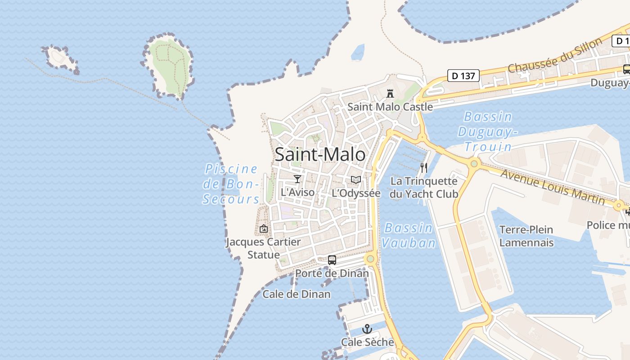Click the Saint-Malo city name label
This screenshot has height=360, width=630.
coord(320,154)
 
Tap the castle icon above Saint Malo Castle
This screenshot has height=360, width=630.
coord(390,94)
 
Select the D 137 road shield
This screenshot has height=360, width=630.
coord(463,76)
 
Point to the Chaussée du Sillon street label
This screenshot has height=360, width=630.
coord(555,55)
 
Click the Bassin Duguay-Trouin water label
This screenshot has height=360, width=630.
coord(488,132)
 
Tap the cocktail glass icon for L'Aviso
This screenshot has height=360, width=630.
coord(297,179)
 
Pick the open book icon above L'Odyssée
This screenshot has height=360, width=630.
coord(356,180)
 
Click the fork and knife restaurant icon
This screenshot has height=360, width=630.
coord(423,168)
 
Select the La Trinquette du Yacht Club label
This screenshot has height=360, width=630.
coord(424,188)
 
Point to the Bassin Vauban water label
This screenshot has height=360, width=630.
coord(409,235)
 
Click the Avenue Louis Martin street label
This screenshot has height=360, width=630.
coord(552,186)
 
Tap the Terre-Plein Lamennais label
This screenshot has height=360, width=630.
coord(526,236)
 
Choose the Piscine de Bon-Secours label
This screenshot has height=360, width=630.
coord(231,184)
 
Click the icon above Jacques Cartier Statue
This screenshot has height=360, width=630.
coord(264,229)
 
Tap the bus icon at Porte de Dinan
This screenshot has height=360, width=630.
coord(332,260)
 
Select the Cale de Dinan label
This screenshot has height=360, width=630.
coord(297,294)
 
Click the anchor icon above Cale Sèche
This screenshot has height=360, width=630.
coord(367,329)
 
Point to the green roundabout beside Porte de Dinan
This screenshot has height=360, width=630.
coord(370,259)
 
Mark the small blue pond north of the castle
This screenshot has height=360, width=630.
coord(358,52)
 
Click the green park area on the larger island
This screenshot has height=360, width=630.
coord(168,65)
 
